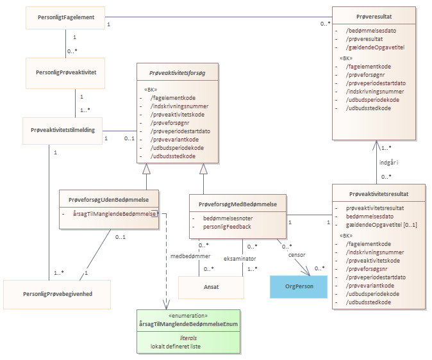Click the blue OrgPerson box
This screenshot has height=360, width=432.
pyautogui.click(x=299, y=287)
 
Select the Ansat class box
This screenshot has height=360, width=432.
pyautogui.click(x=211, y=288)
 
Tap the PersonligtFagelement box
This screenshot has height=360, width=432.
pyautogui.click(x=65, y=18)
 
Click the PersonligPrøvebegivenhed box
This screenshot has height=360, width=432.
pyautogui.click(x=57, y=295)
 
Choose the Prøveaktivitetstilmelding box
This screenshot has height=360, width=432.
pyautogui.click(x=63, y=131)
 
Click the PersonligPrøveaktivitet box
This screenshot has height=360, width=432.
pyautogui.click(x=65, y=73)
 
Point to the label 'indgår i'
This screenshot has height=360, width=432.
pyautogui.click(x=388, y=163)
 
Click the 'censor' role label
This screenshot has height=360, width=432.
pyautogui.click(x=297, y=255)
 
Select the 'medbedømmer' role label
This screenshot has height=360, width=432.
pyautogui.click(x=190, y=256)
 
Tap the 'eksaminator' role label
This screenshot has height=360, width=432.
pyautogui.click(x=240, y=259)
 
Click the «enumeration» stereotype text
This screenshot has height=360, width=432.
pyautogui.click(x=188, y=316)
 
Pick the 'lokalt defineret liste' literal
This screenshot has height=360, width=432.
pyautogui.click(x=176, y=347)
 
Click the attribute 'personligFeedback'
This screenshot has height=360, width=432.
pyautogui.click(x=227, y=227)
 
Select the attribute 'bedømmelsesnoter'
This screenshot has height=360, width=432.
pyautogui.click(x=228, y=218)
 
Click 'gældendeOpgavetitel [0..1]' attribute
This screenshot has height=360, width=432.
pyautogui.click(x=381, y=225)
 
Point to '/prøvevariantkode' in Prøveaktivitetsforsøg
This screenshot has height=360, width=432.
pyautogui.click(x=174, y=140)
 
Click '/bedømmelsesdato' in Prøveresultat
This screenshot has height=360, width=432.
pyautogui.click(x=371, y=31)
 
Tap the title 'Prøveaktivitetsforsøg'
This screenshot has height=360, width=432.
pyautogui.click(x=177, y=73)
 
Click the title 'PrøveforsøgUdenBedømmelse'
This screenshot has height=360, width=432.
pyautogui.click(x=108, y=200)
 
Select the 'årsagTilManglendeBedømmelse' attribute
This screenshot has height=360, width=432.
pyautogui.click(x=114, y=214)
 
